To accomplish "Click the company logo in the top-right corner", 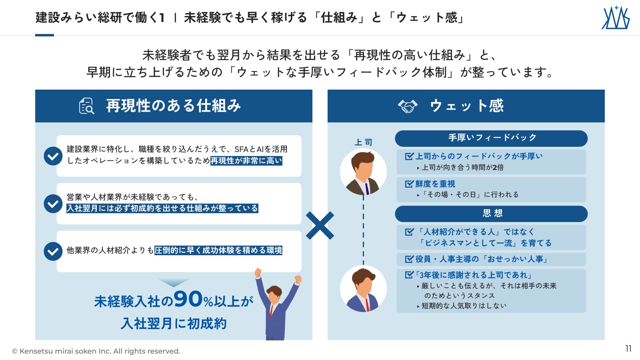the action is (616, 18).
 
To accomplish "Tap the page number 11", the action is (628, 348).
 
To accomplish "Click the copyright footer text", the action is (96, 351).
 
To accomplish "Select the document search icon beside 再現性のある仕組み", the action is (86, 106).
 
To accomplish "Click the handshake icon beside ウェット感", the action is (408, 106).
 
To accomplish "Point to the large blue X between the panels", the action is (320, 226).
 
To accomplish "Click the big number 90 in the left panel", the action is (188, 299).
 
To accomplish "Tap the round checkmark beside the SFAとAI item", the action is (53, 156).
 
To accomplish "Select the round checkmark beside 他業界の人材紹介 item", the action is (53, 252).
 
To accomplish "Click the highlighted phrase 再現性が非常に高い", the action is (246, 161).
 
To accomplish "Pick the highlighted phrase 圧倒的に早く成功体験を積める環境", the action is (218, 250).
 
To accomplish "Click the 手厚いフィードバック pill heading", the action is (491, 138).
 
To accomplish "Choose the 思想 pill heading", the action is (491, 214).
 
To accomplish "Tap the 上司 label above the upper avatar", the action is (363, 142).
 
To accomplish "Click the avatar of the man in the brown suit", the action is (364, 172).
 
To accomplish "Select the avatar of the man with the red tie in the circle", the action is (364, 288).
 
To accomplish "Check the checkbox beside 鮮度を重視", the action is (409, 184).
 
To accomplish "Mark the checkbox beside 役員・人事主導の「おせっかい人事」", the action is (409, 259).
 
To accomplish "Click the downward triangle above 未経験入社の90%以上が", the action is (174, 282).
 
